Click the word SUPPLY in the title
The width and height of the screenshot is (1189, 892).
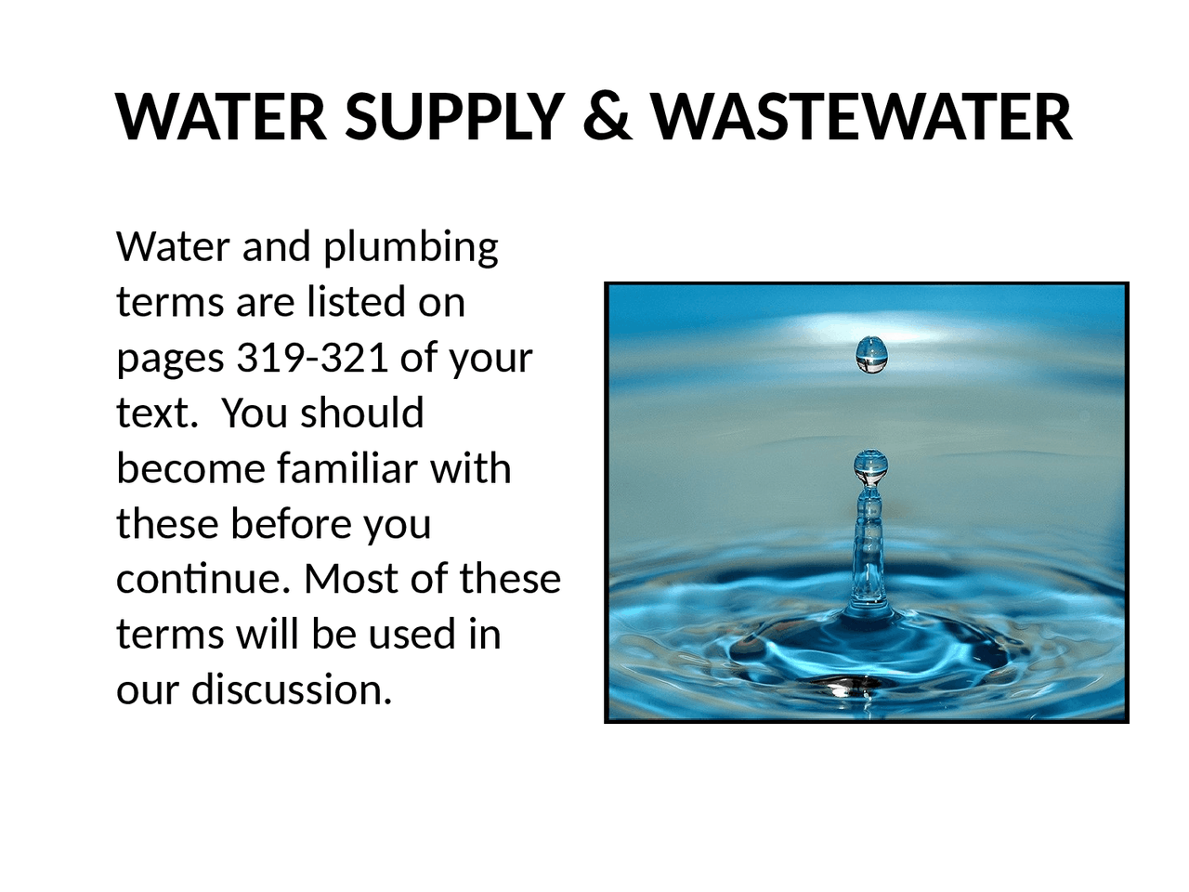454,117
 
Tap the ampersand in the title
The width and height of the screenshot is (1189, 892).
608,117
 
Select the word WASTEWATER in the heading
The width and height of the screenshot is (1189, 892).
862,117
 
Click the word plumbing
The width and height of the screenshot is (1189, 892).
411,248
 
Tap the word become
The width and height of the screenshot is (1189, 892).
190,468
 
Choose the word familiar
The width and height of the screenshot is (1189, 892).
347,468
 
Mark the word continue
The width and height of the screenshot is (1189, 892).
197,579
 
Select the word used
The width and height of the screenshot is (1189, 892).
412,634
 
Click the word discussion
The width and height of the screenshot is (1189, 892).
292,689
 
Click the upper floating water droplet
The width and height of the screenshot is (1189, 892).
871,354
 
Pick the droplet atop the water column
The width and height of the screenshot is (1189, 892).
870,466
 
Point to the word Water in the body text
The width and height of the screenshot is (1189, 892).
173,247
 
